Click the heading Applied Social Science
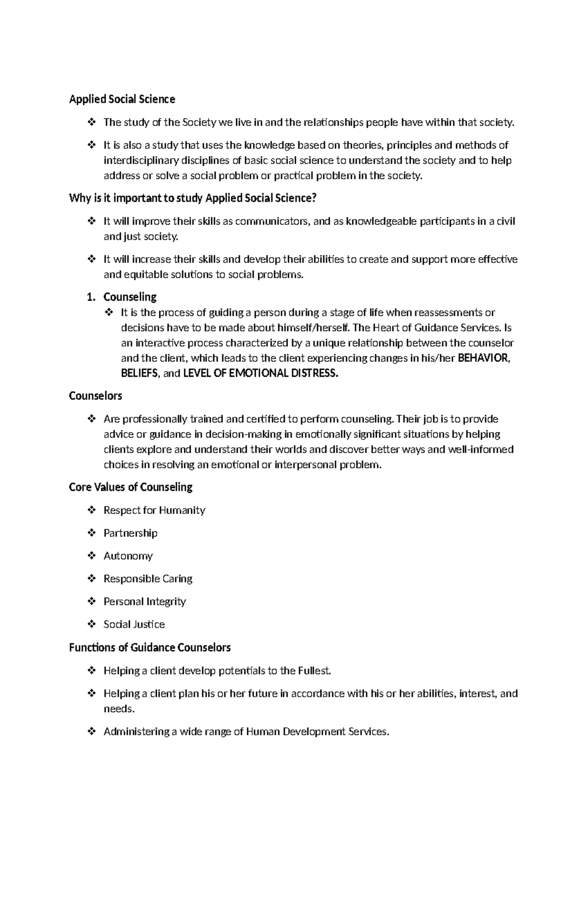[122, 99]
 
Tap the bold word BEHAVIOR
[483, 358]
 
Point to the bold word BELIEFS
[139, 373]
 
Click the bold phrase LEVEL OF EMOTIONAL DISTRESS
[260, 373]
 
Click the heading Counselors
[96, 396]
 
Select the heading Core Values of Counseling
[131, 487]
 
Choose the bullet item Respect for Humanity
[154, 510]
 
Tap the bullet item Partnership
[130, 533]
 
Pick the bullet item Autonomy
[128, 556]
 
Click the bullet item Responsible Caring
[147, 579]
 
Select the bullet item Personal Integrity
[145, 602]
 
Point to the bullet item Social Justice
[134, 625]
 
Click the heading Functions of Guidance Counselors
[149, 648]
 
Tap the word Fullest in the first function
[314, 671]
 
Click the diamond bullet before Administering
[91, 731]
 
